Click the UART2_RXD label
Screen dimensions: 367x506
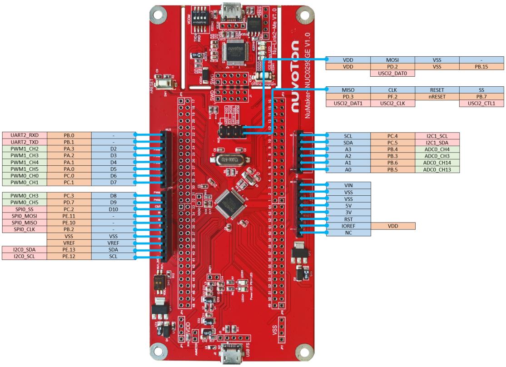[25, 135]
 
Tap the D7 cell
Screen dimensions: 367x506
[114, 183]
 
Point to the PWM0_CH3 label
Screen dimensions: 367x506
[25, 195]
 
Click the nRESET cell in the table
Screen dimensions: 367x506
[437, 97]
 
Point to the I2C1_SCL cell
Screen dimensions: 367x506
[437, 136]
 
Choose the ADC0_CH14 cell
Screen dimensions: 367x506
[437, 162]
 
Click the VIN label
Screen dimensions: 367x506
[348, 185]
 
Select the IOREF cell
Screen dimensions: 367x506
[348, 225]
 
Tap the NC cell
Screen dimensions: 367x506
[348, 233]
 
